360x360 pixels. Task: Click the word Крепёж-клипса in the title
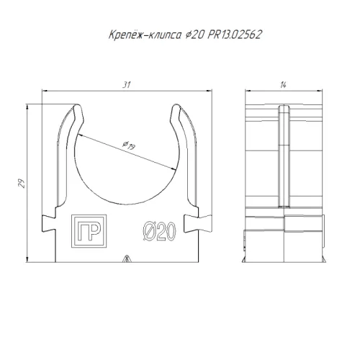(x=145, y=35)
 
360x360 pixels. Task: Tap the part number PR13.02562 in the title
(x=235, y=35)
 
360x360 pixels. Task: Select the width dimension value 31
(x=127, y=85)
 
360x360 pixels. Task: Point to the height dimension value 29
(x=22, y=184)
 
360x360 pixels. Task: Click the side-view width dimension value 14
(x=283, y=85)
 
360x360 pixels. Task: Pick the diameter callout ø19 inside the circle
(x=129, y=145)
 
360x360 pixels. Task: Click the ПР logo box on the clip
(x=89, y=231)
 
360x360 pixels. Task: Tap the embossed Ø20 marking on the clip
(x=160, y=231)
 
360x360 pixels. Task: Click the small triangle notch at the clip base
(x=126, y=258)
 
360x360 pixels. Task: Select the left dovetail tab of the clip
(x=49, y=223)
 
